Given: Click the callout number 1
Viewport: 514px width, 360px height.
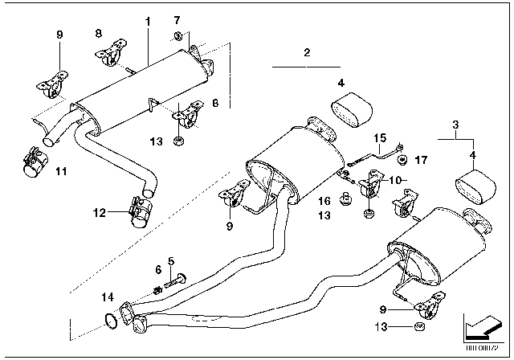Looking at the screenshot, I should click(x=147, y=18).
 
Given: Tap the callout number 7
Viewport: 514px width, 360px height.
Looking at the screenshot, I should click(x=177, y=18).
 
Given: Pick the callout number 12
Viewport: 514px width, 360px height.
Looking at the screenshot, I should click(x=100, y=213).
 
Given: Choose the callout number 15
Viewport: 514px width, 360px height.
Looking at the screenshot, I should click(x=379, y=137).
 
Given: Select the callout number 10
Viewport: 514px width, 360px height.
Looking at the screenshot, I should click(x=395, y=182).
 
